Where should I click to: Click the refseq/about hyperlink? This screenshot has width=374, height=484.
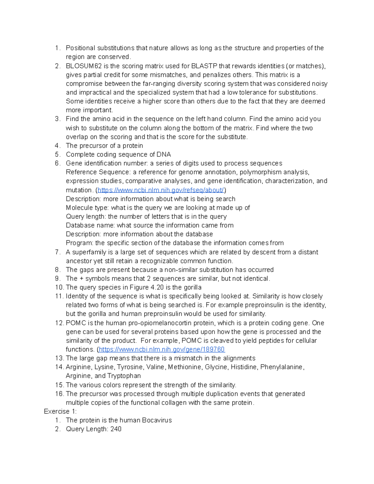[161, 190]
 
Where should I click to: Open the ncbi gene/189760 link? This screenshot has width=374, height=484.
[162, 349]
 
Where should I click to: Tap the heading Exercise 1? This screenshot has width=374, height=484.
[60, 411]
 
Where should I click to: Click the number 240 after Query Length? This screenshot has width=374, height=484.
[116, 429]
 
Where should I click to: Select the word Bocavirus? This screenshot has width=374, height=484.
[157, 420]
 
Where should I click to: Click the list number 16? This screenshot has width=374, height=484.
[59, 394]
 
